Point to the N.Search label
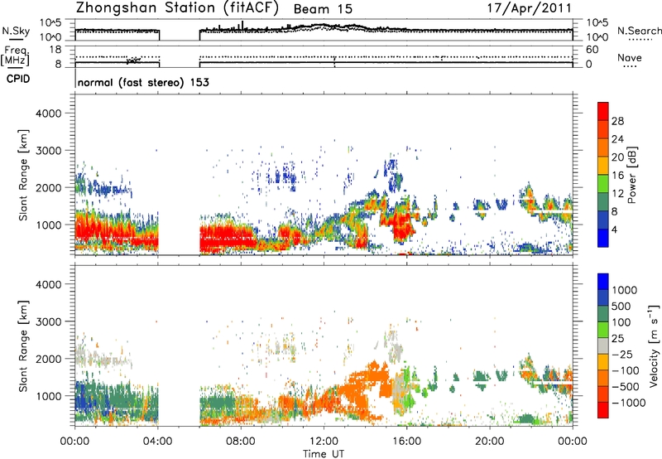tap(639, 30)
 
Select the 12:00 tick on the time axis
tap(324, 439)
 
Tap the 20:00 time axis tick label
tap(490, 439)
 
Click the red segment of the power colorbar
tap(603, 125)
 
